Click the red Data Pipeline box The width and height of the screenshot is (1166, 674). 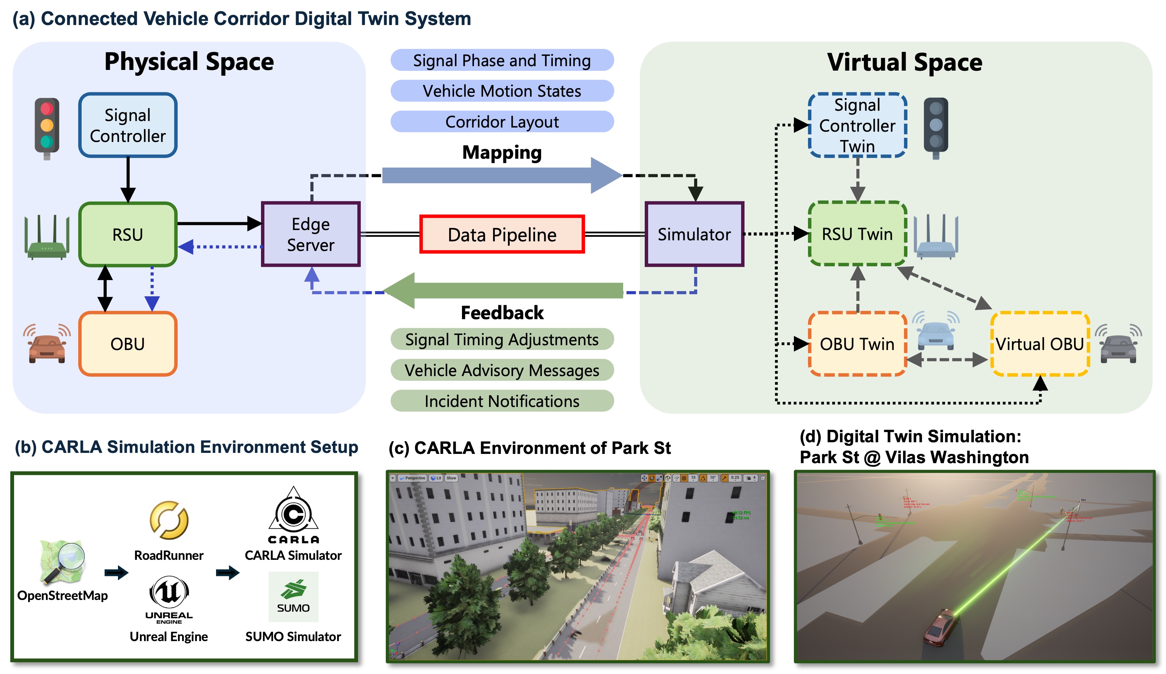[x=502, y=234]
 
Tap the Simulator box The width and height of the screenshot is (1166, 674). [x=694, y=234]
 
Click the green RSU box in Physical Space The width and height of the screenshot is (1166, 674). [x=128, y=234]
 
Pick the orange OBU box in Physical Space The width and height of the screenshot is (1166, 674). [x=128, y=344]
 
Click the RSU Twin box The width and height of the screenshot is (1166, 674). [x=857, y=233]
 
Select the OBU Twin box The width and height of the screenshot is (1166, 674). [x=857, y=344]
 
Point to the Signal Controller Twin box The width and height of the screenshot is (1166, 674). [x=857, y=125]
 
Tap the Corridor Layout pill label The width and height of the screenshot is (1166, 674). [x=502, y=122]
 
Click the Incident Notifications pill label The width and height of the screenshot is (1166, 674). [x=502, y=401]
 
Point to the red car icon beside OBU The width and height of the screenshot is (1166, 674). [x=47, y=345]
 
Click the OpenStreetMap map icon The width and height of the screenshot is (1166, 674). [x=62, y=561]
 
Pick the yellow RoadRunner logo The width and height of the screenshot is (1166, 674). [x=169, y=520]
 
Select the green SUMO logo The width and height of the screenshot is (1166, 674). [x=293, y=596]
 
